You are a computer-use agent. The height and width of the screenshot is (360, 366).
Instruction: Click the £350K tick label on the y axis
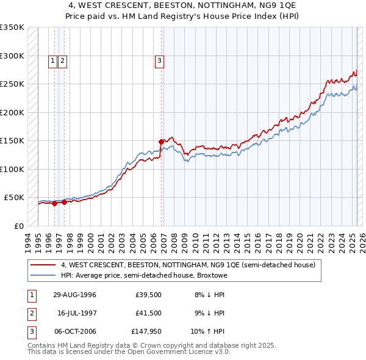point(12,27)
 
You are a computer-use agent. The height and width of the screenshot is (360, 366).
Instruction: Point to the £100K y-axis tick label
point(12,169)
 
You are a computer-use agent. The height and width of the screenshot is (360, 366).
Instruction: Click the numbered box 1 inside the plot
point(53,60)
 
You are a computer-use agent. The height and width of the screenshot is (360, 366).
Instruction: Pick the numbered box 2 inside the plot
point(63,60)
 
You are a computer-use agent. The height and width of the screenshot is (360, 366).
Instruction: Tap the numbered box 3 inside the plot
point(159,60)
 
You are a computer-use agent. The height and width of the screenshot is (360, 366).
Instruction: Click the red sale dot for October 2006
point(162,142)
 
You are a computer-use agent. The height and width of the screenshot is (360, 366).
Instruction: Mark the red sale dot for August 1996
point(54,204)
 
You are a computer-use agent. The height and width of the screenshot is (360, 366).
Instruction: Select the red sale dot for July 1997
point(63,203)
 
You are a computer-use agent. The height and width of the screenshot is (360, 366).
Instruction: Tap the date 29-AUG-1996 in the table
point(74,295)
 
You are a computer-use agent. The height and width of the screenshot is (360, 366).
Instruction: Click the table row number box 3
point(31,333)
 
